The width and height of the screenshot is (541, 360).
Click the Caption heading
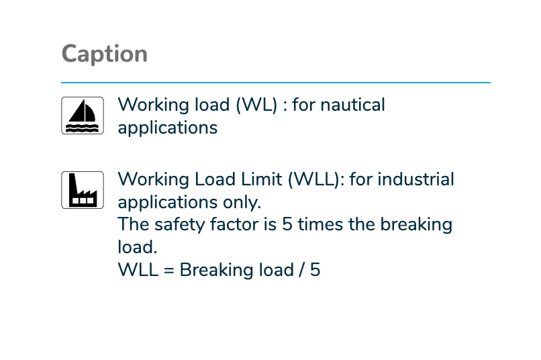(104, 54)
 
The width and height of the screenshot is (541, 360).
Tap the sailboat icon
(83, 116)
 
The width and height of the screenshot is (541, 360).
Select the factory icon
(83, 190)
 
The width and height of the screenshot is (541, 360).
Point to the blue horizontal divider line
(276, 83)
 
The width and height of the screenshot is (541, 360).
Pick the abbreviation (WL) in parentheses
(256, 105)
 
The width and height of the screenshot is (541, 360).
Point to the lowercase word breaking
(416, 225)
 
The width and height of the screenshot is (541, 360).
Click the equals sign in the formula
(168, 270)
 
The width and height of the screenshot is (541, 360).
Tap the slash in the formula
(301, 270)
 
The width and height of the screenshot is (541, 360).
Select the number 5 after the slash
(315, 270)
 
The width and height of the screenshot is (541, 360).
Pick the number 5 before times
(287, 224)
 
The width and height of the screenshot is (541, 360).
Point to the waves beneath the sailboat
(83, 128)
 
